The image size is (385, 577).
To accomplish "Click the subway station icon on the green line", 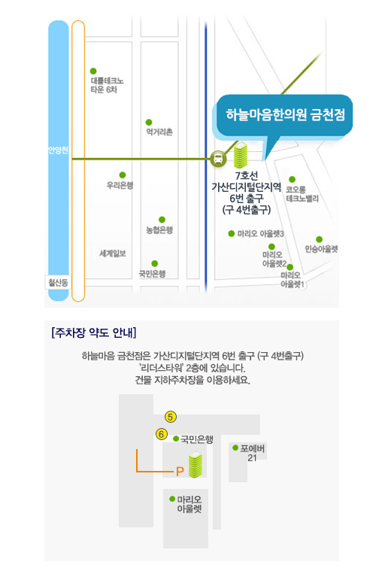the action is (x=218, y=159).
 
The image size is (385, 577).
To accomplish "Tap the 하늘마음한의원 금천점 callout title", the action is (x=285, y=115).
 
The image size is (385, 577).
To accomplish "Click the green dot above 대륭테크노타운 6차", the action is (x=93, y=71).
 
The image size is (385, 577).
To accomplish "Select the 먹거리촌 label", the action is (x=159, y=132).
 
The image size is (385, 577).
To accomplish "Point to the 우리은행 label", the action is (x=120, y=185).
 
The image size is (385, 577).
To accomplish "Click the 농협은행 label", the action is (x=159, y=230).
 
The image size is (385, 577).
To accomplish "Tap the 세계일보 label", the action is (x=113, y=254).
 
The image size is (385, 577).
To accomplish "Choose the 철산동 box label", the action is (x=58, y=283).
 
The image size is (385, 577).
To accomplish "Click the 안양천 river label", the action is (x=58, y=150).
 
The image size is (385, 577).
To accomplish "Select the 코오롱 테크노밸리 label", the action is (x=302, y=194).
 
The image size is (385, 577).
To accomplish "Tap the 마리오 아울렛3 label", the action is (x=261, y=234).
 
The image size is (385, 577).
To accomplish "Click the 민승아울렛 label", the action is (x=321, y=249).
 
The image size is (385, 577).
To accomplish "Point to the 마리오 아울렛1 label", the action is (x=293, y=280).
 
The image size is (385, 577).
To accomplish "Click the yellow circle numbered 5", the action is (x=170, y=417).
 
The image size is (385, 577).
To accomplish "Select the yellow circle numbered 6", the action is (x=161, y=434).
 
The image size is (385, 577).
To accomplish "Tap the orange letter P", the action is (x=180, y=472).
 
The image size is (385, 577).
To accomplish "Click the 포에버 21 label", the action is (x=252, y=453).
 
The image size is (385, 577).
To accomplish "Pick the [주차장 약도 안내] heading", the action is (x=94, y=333).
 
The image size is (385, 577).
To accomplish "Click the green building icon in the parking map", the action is (x=196, y=465).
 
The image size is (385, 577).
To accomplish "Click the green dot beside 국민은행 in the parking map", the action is (x=176, y=439).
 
